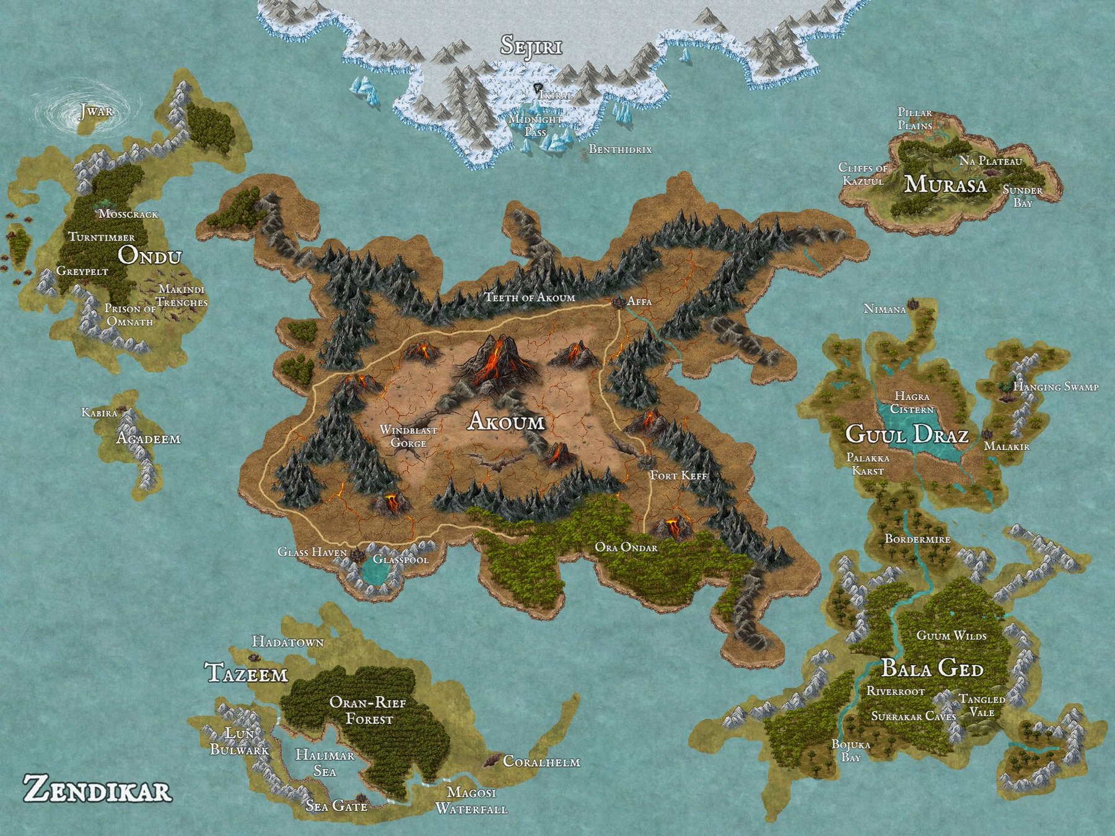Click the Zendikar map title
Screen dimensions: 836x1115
[x=97, y=791]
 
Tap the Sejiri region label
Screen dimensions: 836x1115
[x=531, y=46]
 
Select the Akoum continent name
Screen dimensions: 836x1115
[x=507, y=422]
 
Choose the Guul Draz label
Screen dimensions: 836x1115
[x=906, y=435]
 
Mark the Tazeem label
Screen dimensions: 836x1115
[x=247, y=674]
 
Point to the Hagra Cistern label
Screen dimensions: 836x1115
[x=912, y=403]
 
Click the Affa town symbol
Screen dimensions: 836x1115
[x=618, y=303]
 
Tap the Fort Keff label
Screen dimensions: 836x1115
[x=678, y=476]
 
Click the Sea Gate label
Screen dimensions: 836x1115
[x=337, y=806]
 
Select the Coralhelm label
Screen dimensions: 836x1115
[x=541, y=762]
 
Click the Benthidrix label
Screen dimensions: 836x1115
[x=620, y=149]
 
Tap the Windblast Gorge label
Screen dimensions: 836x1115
[x=408, y=437]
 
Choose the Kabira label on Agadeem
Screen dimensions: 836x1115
[x=99, y=412]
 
